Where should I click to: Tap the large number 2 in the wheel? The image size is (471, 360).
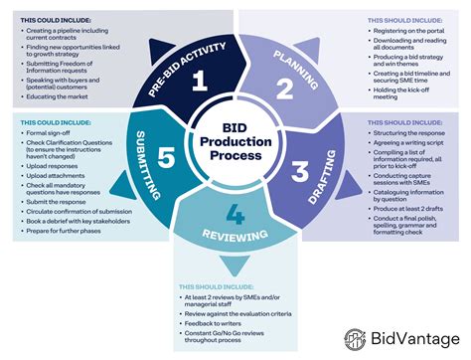284,91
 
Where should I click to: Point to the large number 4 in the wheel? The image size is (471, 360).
235,214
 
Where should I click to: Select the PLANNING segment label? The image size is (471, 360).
297,58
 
